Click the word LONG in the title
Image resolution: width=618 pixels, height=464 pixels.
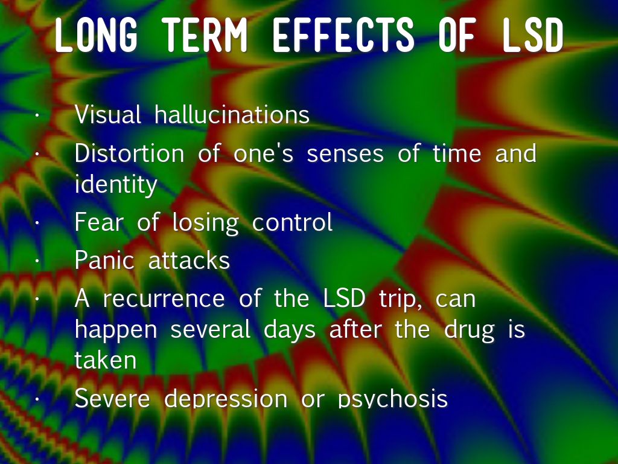[x=96, y=35]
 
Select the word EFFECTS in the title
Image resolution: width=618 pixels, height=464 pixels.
[x=343, y=35]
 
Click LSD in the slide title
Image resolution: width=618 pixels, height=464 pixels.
[x=533, y=35]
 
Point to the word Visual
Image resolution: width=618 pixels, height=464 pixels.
[x=107, y=115]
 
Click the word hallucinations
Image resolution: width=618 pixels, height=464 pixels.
[x=232, y=115]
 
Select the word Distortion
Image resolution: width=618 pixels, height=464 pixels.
[x=129, y=153]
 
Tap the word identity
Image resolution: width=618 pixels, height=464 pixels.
[x=116, y=184]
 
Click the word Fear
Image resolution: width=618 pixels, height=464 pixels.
[x=99, y=222]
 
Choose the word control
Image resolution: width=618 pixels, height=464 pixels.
[x=292, y=222]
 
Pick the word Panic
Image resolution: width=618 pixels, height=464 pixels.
[x=104, y=260]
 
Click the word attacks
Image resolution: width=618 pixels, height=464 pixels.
[x=189, y=260]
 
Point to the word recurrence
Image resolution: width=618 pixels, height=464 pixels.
[x=164, y=298]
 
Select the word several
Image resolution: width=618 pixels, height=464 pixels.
[x=210, y=329]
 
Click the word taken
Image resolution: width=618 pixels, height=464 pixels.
[x=105, y=360]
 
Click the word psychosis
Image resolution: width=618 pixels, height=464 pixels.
[x=392, y=399]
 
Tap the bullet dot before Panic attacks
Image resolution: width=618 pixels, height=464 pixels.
[x=37, y=260]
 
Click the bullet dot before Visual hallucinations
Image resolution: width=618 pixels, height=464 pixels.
[x=37, y=115]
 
